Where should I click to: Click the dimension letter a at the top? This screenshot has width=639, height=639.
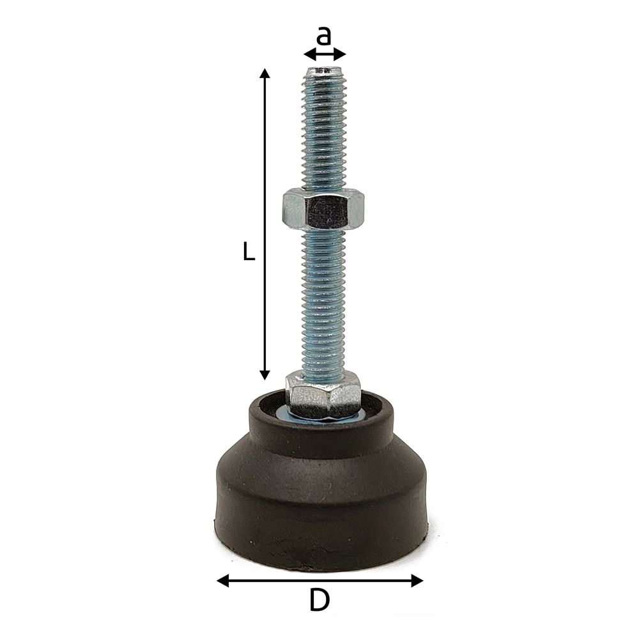(x=325, y=36)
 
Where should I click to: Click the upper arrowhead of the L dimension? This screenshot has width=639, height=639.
(x=265, y=73)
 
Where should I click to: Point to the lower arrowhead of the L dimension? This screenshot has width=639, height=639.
(x=265, y=374)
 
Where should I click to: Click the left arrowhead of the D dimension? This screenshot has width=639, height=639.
(x=222, y=580)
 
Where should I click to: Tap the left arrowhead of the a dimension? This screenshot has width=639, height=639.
(x=309, y=54)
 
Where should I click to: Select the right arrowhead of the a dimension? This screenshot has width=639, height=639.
(x=341, y=54)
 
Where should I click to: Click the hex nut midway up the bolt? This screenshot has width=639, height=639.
(x=323, y=208)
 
